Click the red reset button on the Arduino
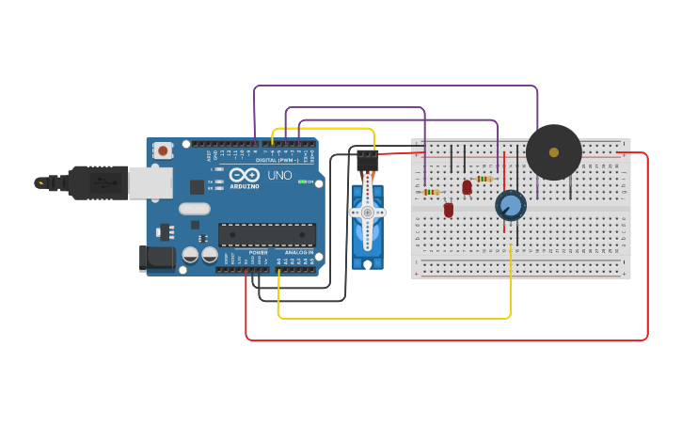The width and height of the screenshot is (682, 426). point(164,150)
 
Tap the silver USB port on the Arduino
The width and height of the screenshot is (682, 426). point(151,182)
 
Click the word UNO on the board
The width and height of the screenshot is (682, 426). point(280,175)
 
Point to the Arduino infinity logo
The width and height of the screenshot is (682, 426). point(244,175)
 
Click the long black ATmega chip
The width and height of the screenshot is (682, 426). point(267,235)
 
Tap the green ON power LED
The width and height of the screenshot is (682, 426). point(301,181)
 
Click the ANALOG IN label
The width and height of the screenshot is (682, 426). point(298,252)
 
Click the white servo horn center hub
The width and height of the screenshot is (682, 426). point(367,213)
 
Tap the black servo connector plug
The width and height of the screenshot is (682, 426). point(367,159)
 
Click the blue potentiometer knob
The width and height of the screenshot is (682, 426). point(510,205)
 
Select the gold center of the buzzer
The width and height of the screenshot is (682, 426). point(553,152)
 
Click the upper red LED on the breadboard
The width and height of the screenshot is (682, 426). point(468,187)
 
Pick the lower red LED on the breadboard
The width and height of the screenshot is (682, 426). point(449,209)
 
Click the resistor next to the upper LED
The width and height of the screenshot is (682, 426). point(484,179)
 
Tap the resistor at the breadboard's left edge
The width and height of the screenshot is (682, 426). point(431,192)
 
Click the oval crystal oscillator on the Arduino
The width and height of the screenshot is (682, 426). point(194,209)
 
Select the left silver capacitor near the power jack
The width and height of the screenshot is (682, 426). point(190,255)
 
